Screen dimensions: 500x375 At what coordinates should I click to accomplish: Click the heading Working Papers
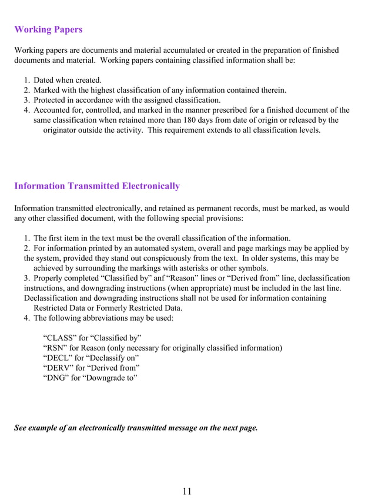[48, 29]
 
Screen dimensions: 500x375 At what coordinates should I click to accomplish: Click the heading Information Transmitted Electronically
[97, 186]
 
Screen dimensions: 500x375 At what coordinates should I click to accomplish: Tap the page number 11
[187, 491]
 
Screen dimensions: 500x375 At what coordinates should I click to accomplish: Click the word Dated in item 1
[45, 80]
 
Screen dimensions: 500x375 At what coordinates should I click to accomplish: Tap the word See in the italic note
[21, 428]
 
